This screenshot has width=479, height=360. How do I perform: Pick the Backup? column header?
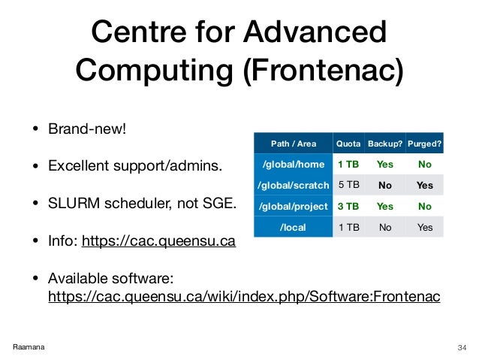click(x=384, y=143)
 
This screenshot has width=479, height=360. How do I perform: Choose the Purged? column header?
click(x=424, y=143)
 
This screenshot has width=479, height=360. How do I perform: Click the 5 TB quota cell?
click(x=348, y=184)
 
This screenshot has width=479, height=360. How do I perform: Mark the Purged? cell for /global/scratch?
click(x=424, y=184)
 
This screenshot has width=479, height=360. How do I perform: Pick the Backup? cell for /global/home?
click(x=384, y=163)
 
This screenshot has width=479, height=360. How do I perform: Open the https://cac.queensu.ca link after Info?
click(x=158, y=241)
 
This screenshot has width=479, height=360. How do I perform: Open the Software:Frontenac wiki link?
click(x=244, y=297)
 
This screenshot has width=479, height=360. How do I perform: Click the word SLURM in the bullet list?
click(x=77, y=202)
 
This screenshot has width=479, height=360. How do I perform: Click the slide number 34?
click(x=462, y=346)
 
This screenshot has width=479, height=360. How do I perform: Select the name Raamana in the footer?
click(x=28, y=346)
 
